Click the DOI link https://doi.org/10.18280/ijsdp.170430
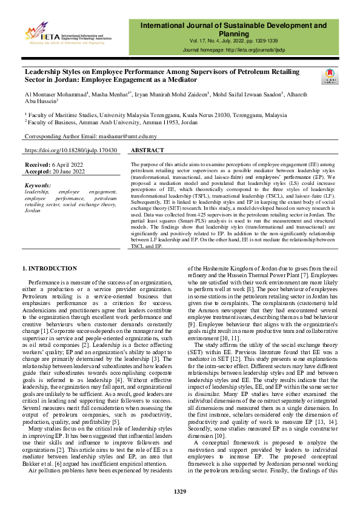tap(71, 150)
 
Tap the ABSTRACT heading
tap(147, 150)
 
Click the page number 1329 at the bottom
tap(179, 491)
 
